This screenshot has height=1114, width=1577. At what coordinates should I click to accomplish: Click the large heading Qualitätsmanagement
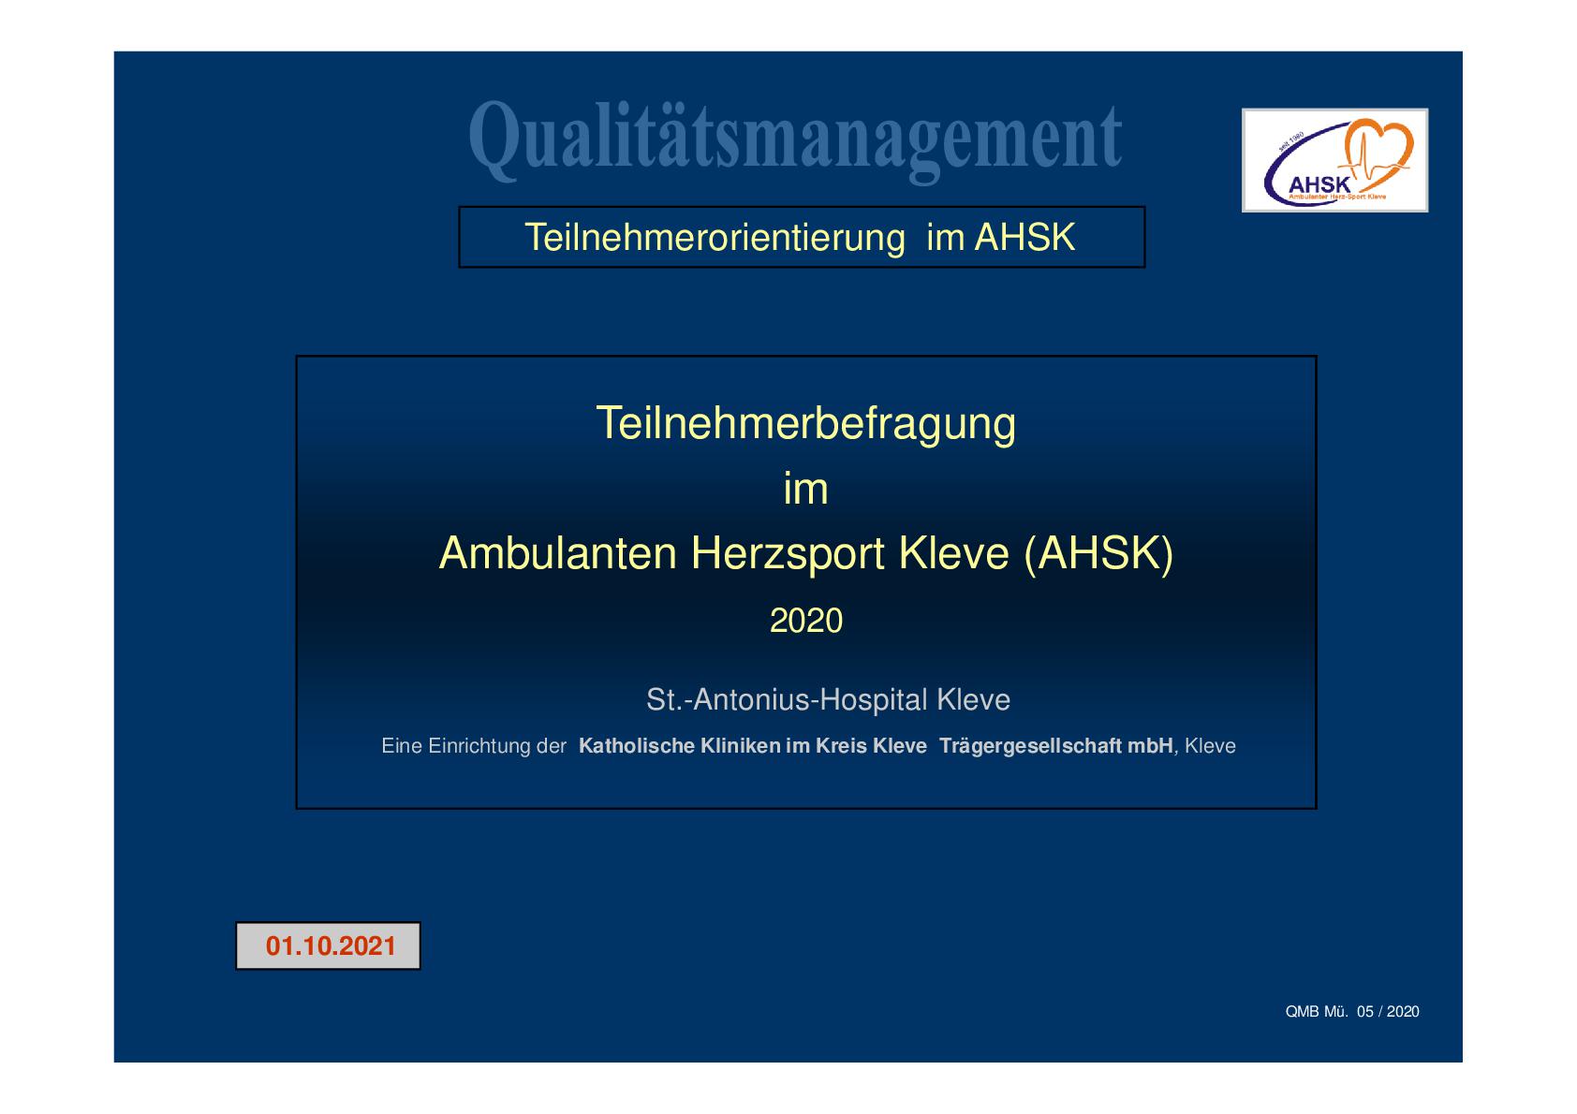pos(795,139)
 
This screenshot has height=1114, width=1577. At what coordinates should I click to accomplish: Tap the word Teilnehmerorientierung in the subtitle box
pos(715,237)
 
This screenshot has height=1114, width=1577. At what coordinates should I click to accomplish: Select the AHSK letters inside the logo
pos(1319,185)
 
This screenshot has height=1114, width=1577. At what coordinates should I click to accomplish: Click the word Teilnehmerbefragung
pos(805,424)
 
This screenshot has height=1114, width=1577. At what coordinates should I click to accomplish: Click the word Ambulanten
pos(557,553)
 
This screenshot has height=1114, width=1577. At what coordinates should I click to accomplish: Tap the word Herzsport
pos(788,554)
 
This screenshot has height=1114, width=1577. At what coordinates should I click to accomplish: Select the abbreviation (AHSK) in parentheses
pos(1099,554)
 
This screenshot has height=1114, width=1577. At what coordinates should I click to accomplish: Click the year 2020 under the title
pos(806,621)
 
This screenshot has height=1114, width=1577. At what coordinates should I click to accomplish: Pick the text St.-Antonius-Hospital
pos(787,699)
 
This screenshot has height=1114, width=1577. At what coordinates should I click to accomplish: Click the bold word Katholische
pos(637,746)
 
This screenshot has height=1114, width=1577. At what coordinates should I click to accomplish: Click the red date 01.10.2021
pos(331,946)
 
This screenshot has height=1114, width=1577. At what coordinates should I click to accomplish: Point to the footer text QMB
pos(1302,1011)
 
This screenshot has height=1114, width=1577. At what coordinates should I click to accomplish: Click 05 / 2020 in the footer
pos(1388,1011)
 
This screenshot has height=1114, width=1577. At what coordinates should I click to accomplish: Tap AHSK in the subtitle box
pos(1024,237)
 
